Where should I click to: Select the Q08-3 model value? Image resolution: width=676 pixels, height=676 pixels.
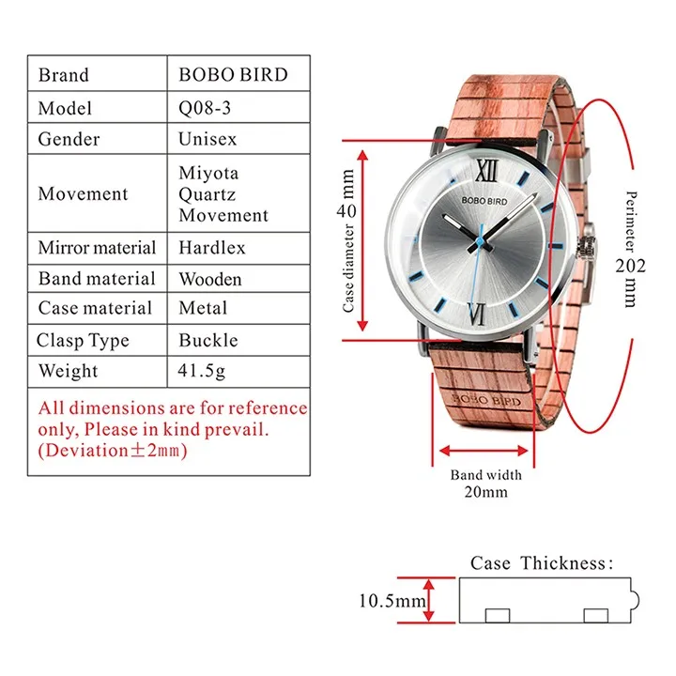205,107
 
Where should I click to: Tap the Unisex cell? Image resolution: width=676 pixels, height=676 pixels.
207,139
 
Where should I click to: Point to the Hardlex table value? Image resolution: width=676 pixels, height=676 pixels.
212,248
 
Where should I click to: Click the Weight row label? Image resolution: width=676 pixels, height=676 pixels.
68,371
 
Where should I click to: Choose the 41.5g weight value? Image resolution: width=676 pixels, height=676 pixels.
202,371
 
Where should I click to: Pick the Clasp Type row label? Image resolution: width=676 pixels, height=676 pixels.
83,340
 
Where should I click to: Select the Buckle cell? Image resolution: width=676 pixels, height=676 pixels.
208,340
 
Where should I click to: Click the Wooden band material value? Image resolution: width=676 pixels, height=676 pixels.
210,279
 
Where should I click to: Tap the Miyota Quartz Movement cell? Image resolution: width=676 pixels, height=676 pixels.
223,194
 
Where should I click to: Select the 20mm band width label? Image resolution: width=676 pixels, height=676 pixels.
485,492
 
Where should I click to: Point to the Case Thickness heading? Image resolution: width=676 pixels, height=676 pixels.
542,563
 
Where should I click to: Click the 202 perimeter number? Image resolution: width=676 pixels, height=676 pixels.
631,265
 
